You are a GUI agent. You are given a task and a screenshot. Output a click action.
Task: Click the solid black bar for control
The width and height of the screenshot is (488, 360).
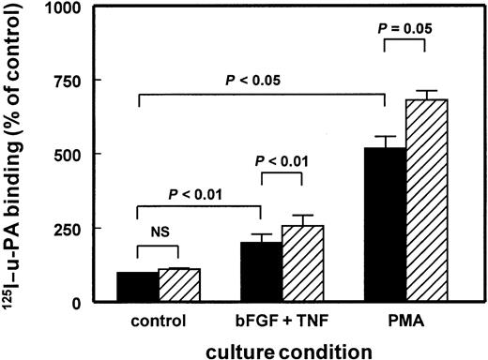[x=138, y=287]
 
